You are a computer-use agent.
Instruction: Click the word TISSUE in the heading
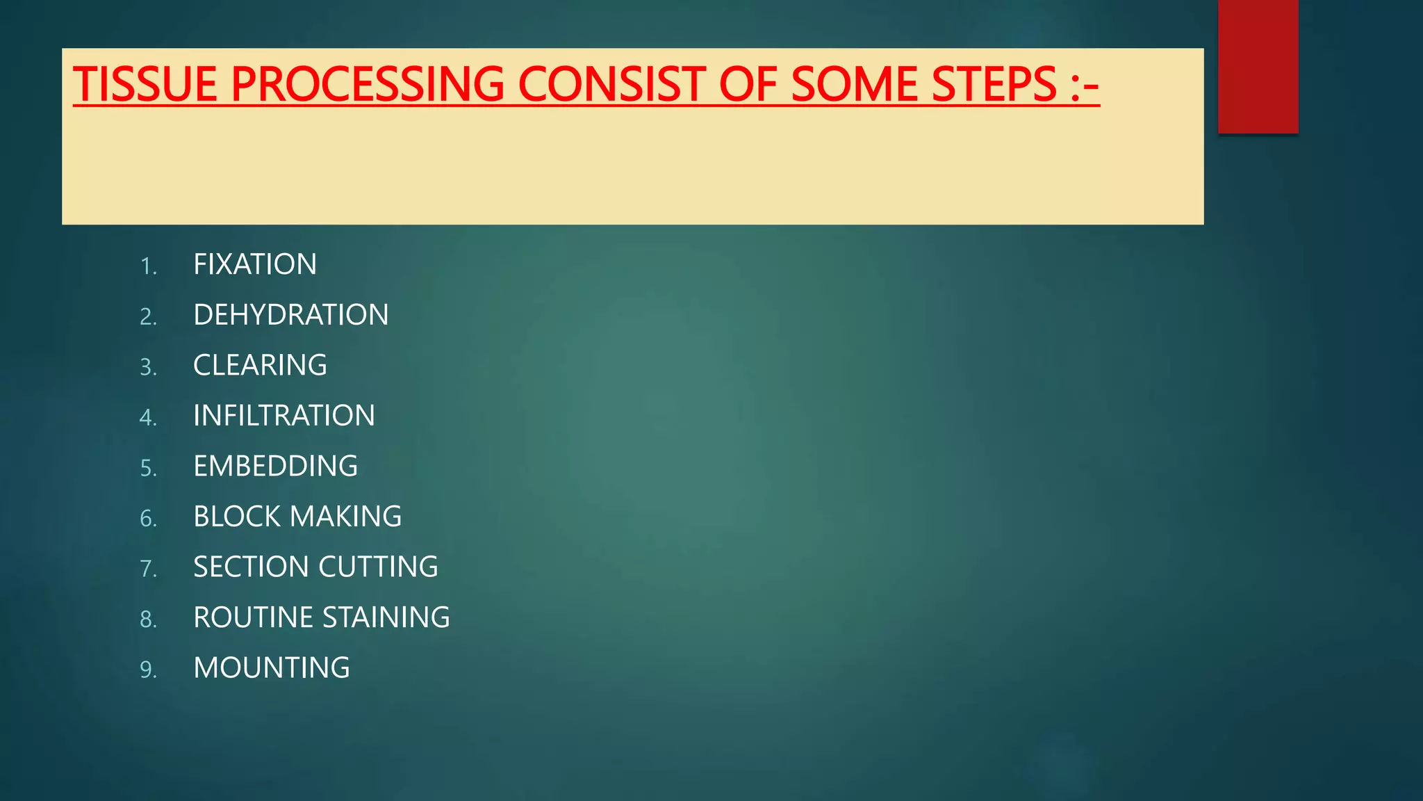(145, 84)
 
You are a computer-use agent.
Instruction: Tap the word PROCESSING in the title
(368, 84)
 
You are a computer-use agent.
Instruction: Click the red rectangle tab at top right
(1258, 66)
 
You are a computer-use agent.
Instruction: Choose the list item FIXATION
(254, 264)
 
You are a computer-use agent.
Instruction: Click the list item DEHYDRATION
(290, 315)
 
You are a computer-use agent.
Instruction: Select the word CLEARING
(260, 365)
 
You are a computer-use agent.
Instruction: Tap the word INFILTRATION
(283, 416)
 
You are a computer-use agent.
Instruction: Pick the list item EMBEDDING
(275, 466)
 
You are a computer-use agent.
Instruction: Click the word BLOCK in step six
(236, 517)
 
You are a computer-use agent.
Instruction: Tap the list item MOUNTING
(271, 668)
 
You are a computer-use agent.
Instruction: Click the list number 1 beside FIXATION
(148, 266)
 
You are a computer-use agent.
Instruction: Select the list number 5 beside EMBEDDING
(148, 468)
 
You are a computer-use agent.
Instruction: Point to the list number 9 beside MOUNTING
(148, 670)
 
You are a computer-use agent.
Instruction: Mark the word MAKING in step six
(345, 517)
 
